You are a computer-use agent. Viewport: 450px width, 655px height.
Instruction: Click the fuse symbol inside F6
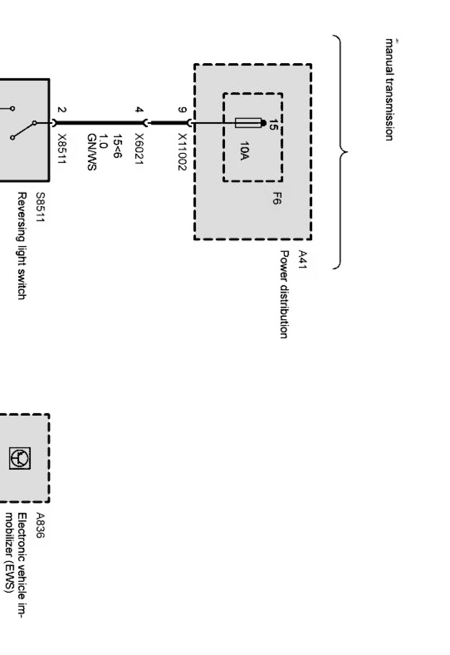pyautogui.click(x=248, y=123)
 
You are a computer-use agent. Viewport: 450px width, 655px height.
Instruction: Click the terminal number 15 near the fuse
pyautogui.click(x=273, y=125)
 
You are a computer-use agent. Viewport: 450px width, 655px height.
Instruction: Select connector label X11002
pyautogui.click(x=182, y=152)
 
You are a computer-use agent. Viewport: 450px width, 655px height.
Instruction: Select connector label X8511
pyautogui.click(x=61, y=149)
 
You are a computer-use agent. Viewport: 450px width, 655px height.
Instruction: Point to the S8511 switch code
pyautogui.click(x=40, y=207)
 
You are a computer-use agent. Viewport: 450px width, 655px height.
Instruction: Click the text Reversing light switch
pyautogui.click(x=21, y=246)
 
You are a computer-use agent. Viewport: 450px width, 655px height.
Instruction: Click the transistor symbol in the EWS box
pyautogui.click(x=20, y=458)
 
